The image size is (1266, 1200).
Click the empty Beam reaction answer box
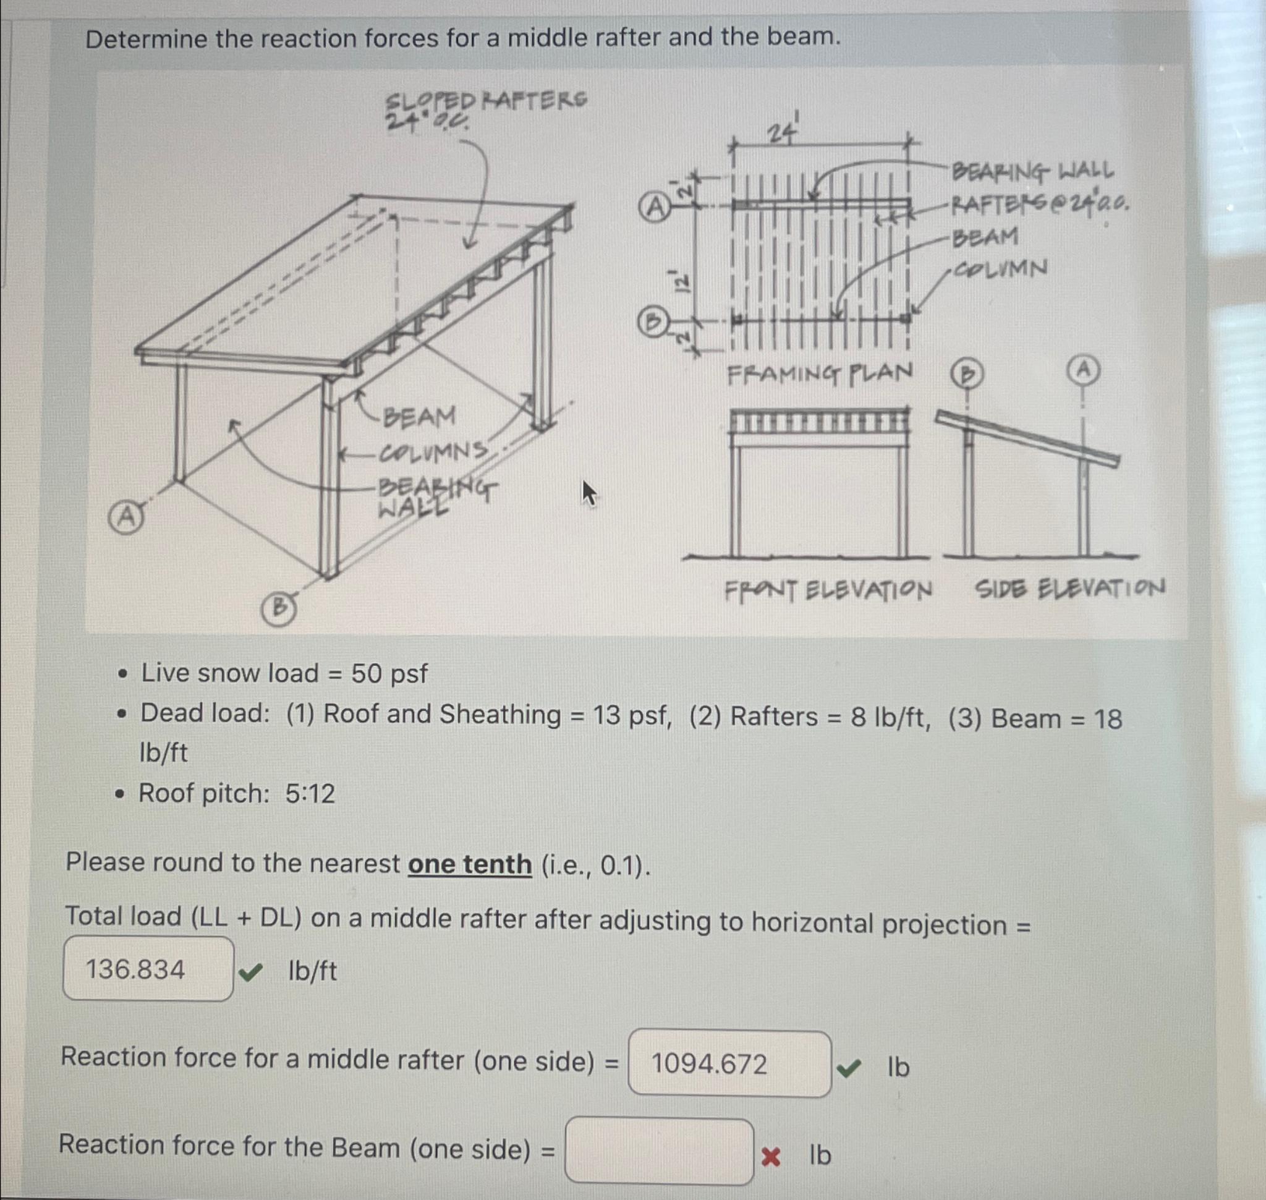[659, 1151]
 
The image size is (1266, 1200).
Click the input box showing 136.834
[148, 969]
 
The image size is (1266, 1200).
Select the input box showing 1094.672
[729, 1065]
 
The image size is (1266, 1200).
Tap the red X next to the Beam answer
[771, 1157]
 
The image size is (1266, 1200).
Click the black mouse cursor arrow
[588, 493]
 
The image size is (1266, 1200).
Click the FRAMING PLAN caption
[820, 373]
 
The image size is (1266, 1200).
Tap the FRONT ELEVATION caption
[828, 590]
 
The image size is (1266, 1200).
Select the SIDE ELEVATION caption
[1069, 588]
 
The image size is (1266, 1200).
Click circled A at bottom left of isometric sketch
[126, 517]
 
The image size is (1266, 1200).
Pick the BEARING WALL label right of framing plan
[1032, 171]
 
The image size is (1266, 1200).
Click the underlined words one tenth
[470, 864]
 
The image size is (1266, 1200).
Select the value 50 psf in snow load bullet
[389, 673]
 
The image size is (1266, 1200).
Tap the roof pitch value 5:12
[310, 794]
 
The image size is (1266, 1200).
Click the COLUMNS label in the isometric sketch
[434, 452]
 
